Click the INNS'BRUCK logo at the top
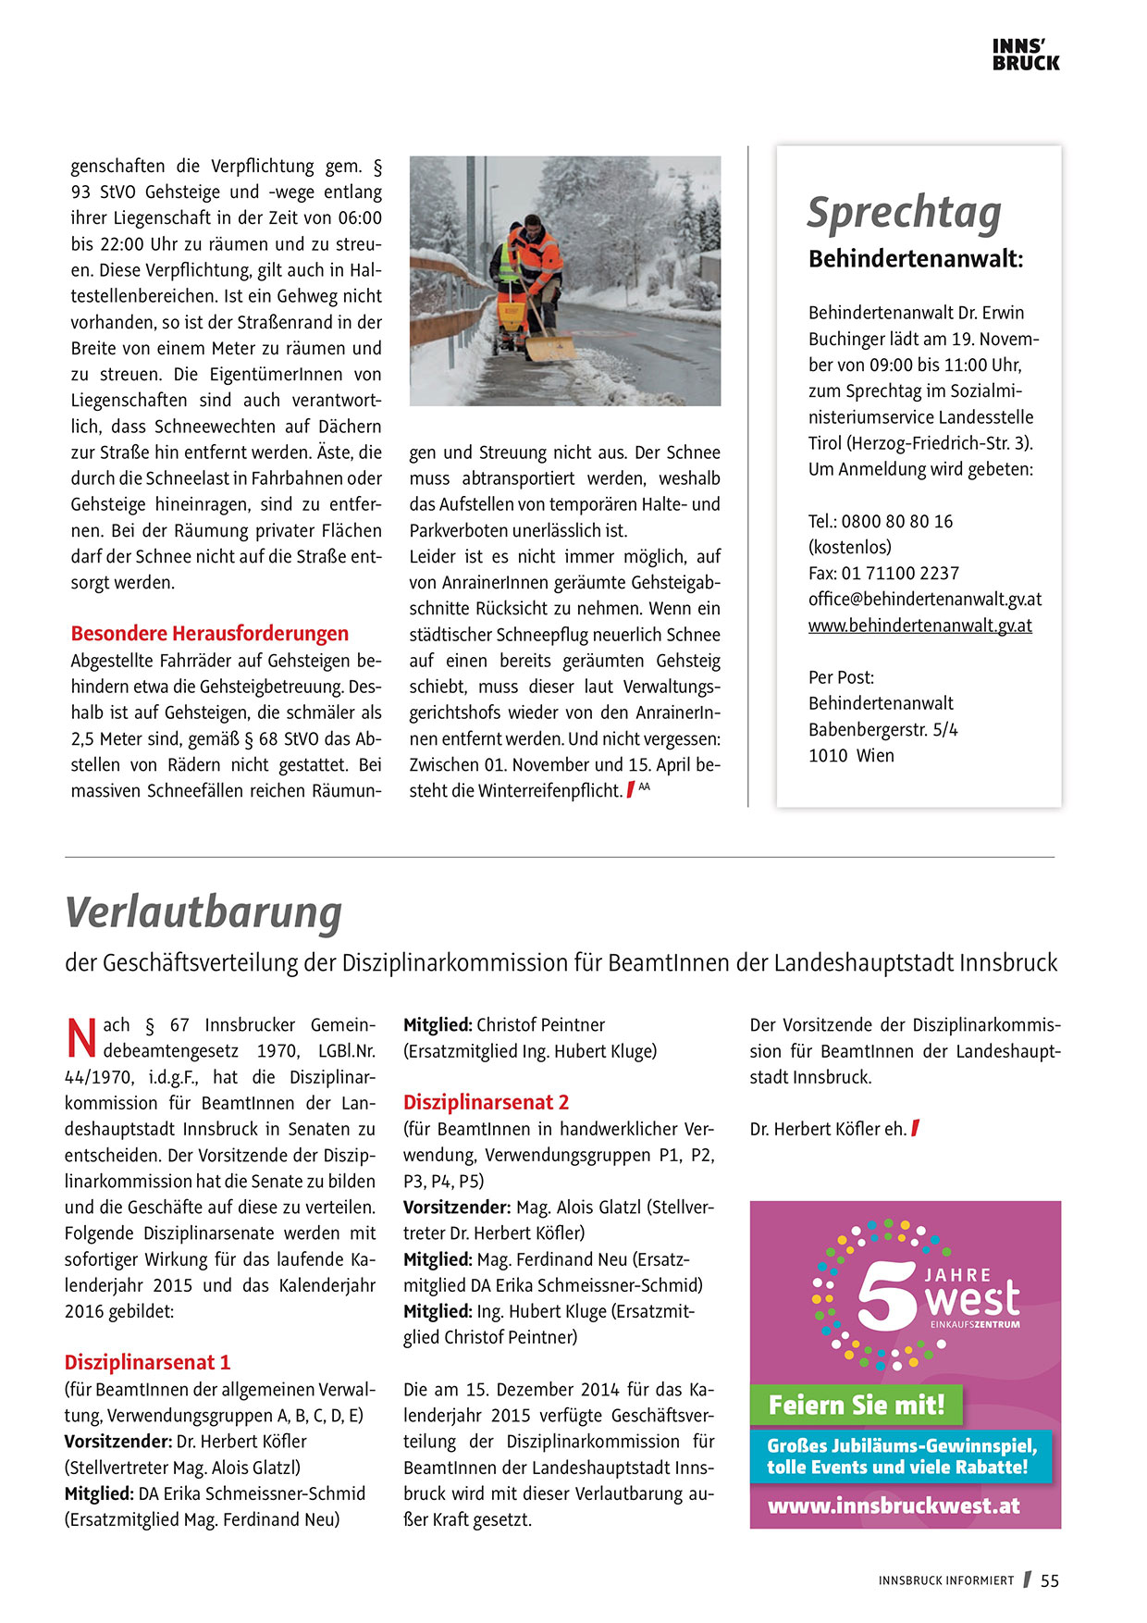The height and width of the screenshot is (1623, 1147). [x=1025, y=56]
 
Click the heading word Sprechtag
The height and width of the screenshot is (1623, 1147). [x=904, y=213]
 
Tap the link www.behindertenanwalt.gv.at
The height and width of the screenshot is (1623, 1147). [x=919, y=626]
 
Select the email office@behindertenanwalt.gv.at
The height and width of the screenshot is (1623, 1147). [x=925, y=600]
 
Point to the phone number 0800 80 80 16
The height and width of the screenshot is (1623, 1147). [x=896, y=522]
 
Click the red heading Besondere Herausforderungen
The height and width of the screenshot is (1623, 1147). [x=210, y=634]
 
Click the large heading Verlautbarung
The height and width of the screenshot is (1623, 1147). [x=203, y=912]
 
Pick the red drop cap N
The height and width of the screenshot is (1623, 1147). [x=81, y=1038]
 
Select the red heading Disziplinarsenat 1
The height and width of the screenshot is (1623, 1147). [x=147, y=1363]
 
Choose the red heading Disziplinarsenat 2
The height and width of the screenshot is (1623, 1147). [x=486, y=1103]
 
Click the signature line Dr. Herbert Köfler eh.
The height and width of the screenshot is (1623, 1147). [x=828, y=1130]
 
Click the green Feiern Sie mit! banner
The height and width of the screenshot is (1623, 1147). [x=857, y=1406]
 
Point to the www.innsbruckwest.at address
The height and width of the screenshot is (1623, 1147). [x=894, y=1506]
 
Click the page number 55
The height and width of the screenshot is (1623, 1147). [x=1050, y=1581]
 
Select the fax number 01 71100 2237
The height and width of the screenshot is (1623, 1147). [x=900, y=574]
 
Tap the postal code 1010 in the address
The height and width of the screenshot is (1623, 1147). [x=828, y=756]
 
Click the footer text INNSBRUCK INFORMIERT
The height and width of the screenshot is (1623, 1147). [x=946, y=1581]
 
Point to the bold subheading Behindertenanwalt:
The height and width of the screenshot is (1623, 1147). [x=916, y=260]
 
